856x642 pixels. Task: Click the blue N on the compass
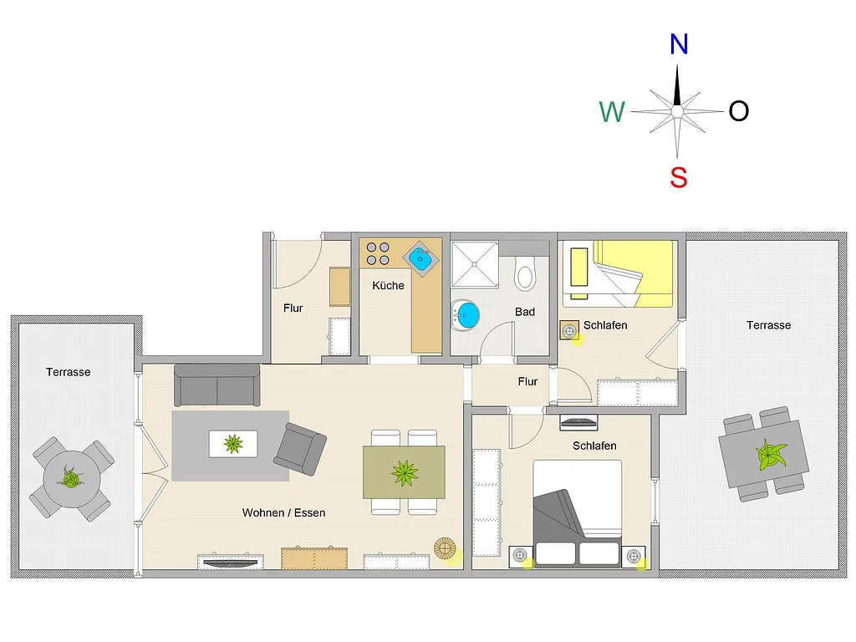tap(679, 44)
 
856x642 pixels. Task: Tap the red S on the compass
tap(678, 177)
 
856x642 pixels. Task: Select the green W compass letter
tap(611, 112)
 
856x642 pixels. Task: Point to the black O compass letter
tap(739, 111)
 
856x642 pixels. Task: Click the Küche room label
tap(388, 286)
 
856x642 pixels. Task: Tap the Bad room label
tap(525, 312)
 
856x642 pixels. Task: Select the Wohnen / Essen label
tap(284, 512)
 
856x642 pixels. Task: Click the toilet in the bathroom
tap(525, 272)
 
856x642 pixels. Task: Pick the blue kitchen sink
tap(420, 259)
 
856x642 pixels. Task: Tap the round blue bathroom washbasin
tap(466, 315)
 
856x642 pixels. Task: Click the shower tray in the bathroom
tap(475, 264)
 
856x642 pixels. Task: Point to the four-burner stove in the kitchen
tap(378, 254)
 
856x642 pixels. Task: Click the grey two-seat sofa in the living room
tap(217, 385)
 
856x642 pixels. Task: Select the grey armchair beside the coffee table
tap(300, 449)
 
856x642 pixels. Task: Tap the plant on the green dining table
tap(405, 473)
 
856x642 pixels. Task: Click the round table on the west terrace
tap(72, 479)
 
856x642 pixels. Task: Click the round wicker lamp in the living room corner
tap(445, 548)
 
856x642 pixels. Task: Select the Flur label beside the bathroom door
tap(527, 381)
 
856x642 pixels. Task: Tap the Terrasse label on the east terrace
tap(769, 325)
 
